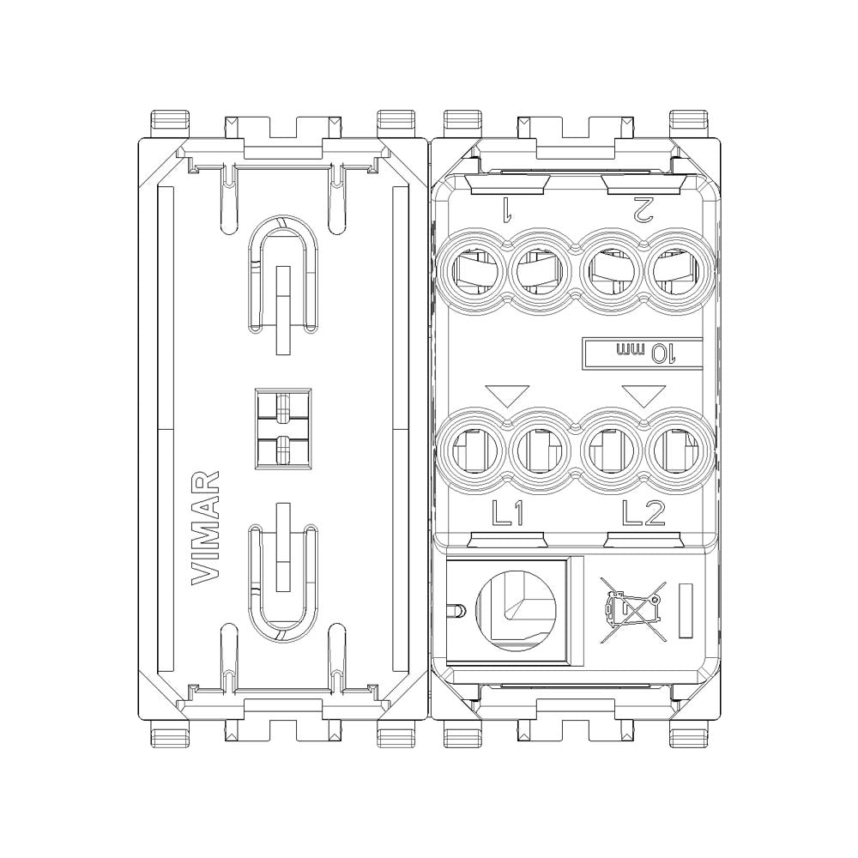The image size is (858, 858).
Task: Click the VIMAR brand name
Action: point(205,528)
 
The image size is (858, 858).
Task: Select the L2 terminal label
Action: point(643,513)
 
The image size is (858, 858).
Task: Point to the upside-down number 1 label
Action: point(506,208)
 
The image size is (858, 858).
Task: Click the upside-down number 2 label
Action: point(642,208)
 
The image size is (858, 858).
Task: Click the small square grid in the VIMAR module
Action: point(282,428)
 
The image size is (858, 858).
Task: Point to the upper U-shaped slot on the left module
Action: point(282,275)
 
